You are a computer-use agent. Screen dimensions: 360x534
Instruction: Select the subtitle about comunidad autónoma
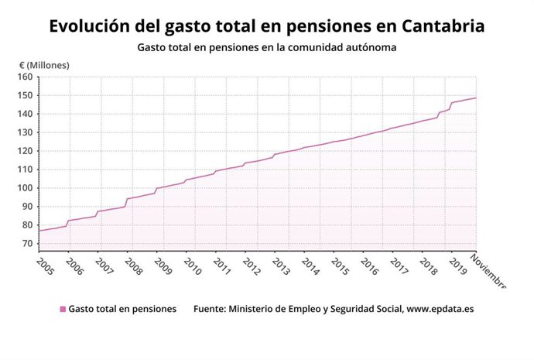pos(267,48)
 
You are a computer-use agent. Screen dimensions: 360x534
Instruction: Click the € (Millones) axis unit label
pos(44,64)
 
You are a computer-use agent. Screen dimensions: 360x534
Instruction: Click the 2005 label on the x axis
pos(46,266)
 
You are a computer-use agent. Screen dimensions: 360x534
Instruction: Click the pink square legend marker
pos(63,309)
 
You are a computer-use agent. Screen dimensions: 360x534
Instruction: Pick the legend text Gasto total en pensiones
pos(122,309)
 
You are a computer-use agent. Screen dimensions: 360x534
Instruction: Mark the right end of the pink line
pos(475,98)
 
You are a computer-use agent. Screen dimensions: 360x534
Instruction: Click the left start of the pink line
pos(39,231)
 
